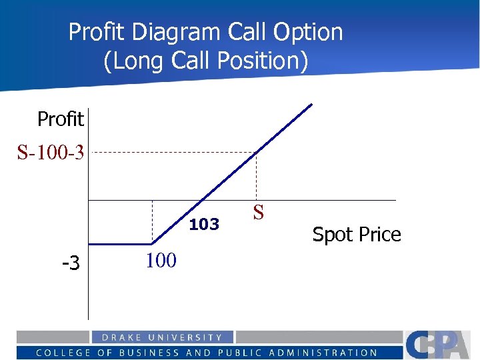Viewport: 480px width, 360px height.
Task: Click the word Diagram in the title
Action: click(x=177, y=32)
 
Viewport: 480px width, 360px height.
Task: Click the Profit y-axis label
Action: click(x=60, y=119)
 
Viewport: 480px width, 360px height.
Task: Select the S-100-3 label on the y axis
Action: click(x=51, y=153)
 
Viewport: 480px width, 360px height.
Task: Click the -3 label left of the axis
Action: click(x=71, y=263)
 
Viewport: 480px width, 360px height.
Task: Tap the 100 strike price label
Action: click(x=161, y=260)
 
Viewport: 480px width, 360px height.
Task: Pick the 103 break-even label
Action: click(x=204, y=225)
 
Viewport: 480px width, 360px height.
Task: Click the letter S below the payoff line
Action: click(x=259, y=213)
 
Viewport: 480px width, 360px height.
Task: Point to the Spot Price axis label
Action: click(x=357, y=235)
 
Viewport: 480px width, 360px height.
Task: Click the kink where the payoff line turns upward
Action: click(x=153, y=245)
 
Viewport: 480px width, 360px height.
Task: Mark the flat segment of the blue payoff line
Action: click(x=121, y=245)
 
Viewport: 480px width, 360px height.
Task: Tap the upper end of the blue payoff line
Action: click(x=311, y=105)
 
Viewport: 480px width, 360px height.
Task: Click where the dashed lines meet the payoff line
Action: click(x=257, y=153)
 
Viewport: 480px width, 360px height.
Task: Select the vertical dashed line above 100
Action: click(x=153, y=221)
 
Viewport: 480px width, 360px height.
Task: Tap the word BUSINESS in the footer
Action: click(x=151, y=353)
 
